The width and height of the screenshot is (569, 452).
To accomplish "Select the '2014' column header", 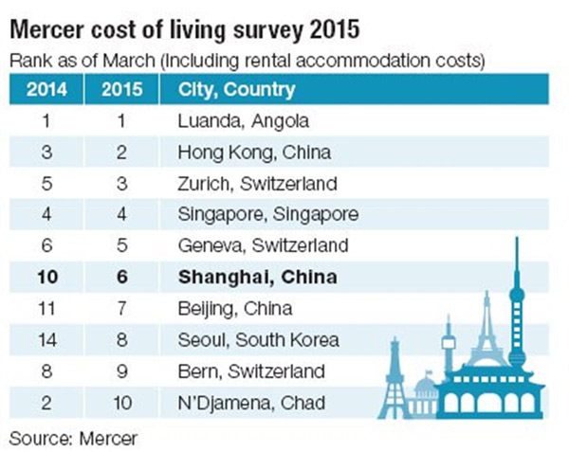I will point(46,91).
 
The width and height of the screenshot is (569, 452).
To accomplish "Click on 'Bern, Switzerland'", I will point(251,371).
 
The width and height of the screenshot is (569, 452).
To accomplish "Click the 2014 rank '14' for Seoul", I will point(46,339).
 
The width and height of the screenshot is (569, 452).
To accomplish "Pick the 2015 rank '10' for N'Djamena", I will point(121,401).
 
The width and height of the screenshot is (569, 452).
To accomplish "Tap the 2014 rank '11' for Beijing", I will point(46,308).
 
